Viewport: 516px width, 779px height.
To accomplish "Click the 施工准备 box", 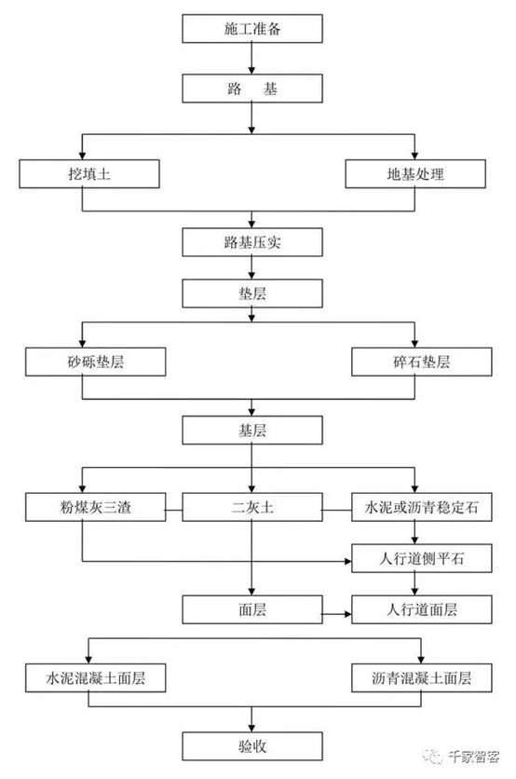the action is pyautogui.click(x=252, y=28).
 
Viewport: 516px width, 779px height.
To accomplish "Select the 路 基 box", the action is pyautogui.click(x=252, y=89).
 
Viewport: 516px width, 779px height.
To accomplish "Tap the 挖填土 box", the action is pyautogui.click(x=89, y=174).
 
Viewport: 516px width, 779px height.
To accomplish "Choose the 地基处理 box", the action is pyautogui.click(x=415, y=174).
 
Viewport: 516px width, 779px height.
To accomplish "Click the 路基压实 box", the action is pyautogui.click(x=252, y=242).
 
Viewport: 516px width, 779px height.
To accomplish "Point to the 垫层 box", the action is pyautogui.click(x=252, y=294).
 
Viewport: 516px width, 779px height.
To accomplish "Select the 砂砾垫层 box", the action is pyautogui.click(x=95, y=362).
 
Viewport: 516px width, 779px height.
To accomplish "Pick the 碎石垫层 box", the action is pyautogui.click(x=422, y=362).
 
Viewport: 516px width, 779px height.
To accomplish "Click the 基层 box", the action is pyautogui.click(x=252, y=430).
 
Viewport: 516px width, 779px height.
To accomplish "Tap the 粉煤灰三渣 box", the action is pyautogui.click(x=95, y=507).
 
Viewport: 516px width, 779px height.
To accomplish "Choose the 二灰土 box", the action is pyautogui.click(x=252, y=507).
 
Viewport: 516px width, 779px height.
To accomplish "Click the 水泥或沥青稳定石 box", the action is pyautogui.click(x=422, y=507).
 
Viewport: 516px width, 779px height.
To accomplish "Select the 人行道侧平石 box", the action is pyautogui.click(x=422, y=558).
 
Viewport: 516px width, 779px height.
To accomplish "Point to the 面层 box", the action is pyautogui.click(x=252, y=609).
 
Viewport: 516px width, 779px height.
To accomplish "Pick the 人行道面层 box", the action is pyautogui.click(x=422, y=609).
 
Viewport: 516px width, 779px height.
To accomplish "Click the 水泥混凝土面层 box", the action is pyautogui.click(x=95, y=677).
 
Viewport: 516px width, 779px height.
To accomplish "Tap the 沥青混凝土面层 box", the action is pyautogui.click(x=422, y=677).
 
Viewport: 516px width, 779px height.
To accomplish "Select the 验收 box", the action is pyautogui.click(x=252, y=745).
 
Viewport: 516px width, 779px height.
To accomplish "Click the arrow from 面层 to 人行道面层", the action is pyautogui.click(x=337, y=615).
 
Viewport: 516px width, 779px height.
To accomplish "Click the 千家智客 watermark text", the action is pyautogui.click(x=474, y=757).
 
